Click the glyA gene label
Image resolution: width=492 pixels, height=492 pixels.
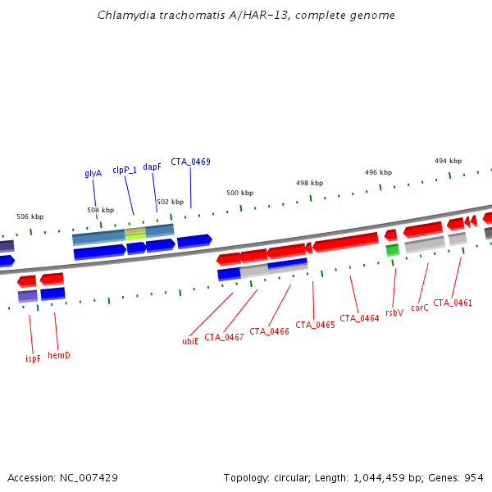coord(93,174)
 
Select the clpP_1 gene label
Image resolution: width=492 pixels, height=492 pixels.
coord(125,171)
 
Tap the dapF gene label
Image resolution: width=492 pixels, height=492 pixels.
coord(153,166)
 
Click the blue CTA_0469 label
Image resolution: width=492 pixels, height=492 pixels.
coord(190,162)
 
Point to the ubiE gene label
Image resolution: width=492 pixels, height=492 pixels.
coord(190,341)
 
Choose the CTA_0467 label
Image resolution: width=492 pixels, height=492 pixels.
coord(224,337)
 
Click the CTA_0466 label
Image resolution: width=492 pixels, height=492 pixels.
coord(269,331)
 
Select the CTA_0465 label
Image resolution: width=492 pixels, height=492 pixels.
coord(315,325)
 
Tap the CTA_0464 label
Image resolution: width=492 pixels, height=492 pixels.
coord(359,318)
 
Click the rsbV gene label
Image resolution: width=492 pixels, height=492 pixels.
coord(394,312)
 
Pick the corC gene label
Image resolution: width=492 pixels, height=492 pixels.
coord(420,308)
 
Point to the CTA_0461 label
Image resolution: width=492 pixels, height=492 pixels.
coord(453,303)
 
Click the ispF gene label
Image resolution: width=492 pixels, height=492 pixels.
coord(33,358)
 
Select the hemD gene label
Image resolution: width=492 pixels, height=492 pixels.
coord(59,355)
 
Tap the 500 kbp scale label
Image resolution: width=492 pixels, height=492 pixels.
coord(239,193)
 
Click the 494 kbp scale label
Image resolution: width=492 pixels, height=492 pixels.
coord(448,162)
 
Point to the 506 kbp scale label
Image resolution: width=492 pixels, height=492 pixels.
coord(30,216)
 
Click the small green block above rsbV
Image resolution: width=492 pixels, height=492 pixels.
coord(393,249)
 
